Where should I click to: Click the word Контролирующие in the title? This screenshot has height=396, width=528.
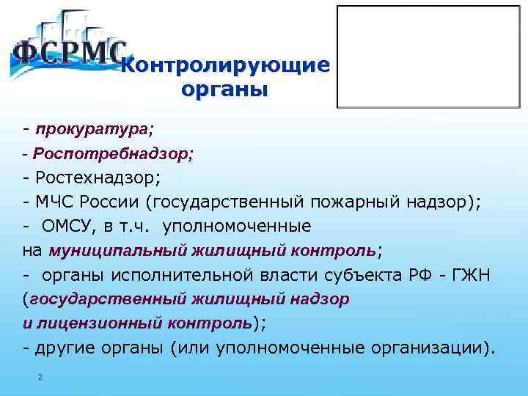pos(225,66)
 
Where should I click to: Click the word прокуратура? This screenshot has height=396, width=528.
pos(92,129)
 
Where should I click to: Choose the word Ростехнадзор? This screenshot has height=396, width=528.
pos(100,178)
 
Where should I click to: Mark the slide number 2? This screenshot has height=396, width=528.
pos(40,377)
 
